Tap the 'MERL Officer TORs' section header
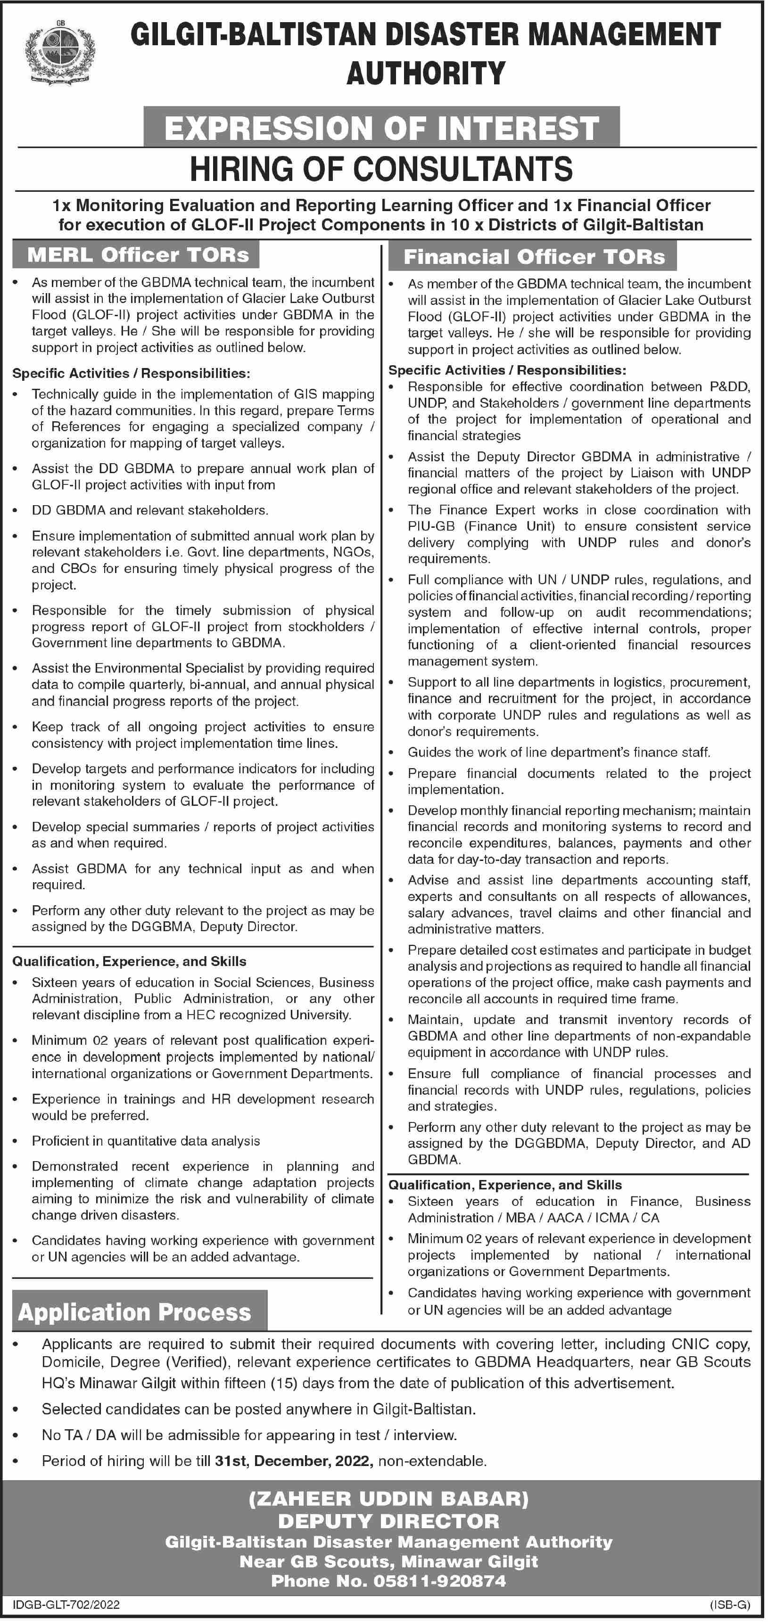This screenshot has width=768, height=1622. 138,254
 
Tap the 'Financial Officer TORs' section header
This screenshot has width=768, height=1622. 534,256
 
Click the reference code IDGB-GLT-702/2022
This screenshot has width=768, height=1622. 66,1605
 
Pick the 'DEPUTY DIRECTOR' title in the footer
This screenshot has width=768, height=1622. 389,1521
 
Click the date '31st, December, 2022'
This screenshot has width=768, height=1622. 292,1460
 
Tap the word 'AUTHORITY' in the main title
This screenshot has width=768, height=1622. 426,73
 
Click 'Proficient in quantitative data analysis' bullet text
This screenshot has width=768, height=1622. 146,1141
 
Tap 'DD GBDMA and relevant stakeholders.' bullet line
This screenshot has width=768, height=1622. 150,510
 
